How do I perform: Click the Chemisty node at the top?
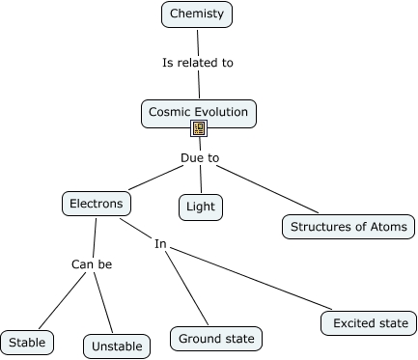pos(197,14)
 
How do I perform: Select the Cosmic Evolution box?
pos(199,112)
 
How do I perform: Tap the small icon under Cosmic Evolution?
pos(199,128)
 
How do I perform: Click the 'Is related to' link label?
pos(197,63)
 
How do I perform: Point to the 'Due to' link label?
pos(200,157)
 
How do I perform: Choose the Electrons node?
pos(96,204)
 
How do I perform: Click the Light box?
pos(201,207)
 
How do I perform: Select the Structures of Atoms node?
pos(349,228)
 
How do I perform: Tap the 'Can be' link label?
pos(92,263)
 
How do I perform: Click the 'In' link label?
pos(160,244)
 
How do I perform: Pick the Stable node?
pos(27,342)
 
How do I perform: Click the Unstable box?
pos(118,346)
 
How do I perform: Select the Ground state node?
pos(216,339)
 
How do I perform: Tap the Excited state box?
pos(370,322)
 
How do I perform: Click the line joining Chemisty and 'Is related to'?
pos(197,41)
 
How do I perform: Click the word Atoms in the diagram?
pos(389,228)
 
